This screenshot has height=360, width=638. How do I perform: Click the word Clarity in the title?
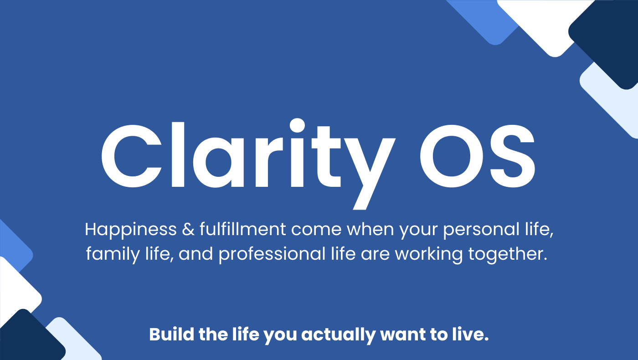pos(248,164)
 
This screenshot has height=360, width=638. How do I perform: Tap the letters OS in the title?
pos(478,156)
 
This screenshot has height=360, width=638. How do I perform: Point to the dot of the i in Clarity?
pos(297,125)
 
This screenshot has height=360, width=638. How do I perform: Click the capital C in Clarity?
pos(132,156)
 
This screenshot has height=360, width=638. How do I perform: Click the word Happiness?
pos(131,230)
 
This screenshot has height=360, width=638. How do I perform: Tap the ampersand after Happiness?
pos(188,229)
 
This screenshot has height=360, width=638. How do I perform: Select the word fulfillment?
pos(242,229)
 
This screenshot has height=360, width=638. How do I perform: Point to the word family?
pos(113,254)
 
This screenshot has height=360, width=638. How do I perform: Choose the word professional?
pos(272,254)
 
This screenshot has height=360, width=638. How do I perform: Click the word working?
pos(429,254)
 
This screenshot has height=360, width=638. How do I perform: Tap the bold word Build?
pos(172,334)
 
